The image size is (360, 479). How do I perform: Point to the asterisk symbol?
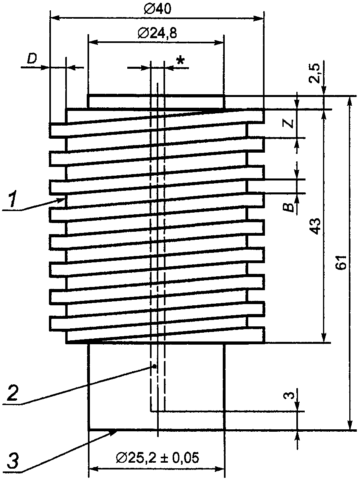[x=181, y=61]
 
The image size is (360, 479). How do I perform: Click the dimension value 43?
[x=315, y=226]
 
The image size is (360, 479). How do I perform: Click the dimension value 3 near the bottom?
[x=291, y=396]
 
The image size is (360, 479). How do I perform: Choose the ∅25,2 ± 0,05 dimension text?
[x=158, y=458]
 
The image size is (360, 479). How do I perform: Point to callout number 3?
[x=13, y=463]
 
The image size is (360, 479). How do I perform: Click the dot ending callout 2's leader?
[x=154, y=366]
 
